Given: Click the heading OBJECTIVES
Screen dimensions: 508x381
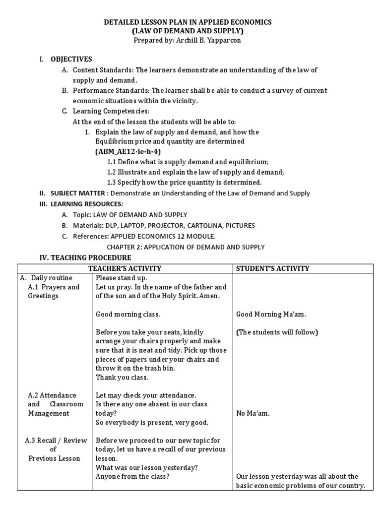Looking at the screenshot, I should (71, 59).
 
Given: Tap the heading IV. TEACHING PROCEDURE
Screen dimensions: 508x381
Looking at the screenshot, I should (85, 257).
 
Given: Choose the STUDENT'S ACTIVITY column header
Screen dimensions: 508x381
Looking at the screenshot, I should (272, 268).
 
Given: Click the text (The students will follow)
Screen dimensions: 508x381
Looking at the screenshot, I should (277, 332).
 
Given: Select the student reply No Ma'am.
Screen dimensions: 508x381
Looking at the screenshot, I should (253, 413).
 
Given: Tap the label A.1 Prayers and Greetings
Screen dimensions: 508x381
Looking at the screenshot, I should (54, 291).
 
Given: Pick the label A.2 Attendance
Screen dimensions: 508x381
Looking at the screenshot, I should (52, 395).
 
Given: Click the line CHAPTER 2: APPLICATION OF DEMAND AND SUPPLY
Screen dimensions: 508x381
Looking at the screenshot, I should (186, 247).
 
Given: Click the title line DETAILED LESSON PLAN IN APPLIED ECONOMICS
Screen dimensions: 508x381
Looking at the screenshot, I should (187, 22).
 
